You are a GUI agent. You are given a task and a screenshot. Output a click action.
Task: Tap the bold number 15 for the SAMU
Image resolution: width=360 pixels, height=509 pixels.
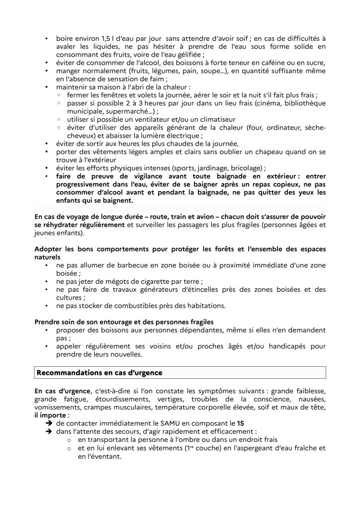point(241,423)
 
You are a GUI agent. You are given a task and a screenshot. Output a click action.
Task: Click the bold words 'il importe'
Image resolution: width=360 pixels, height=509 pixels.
point(51,415)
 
